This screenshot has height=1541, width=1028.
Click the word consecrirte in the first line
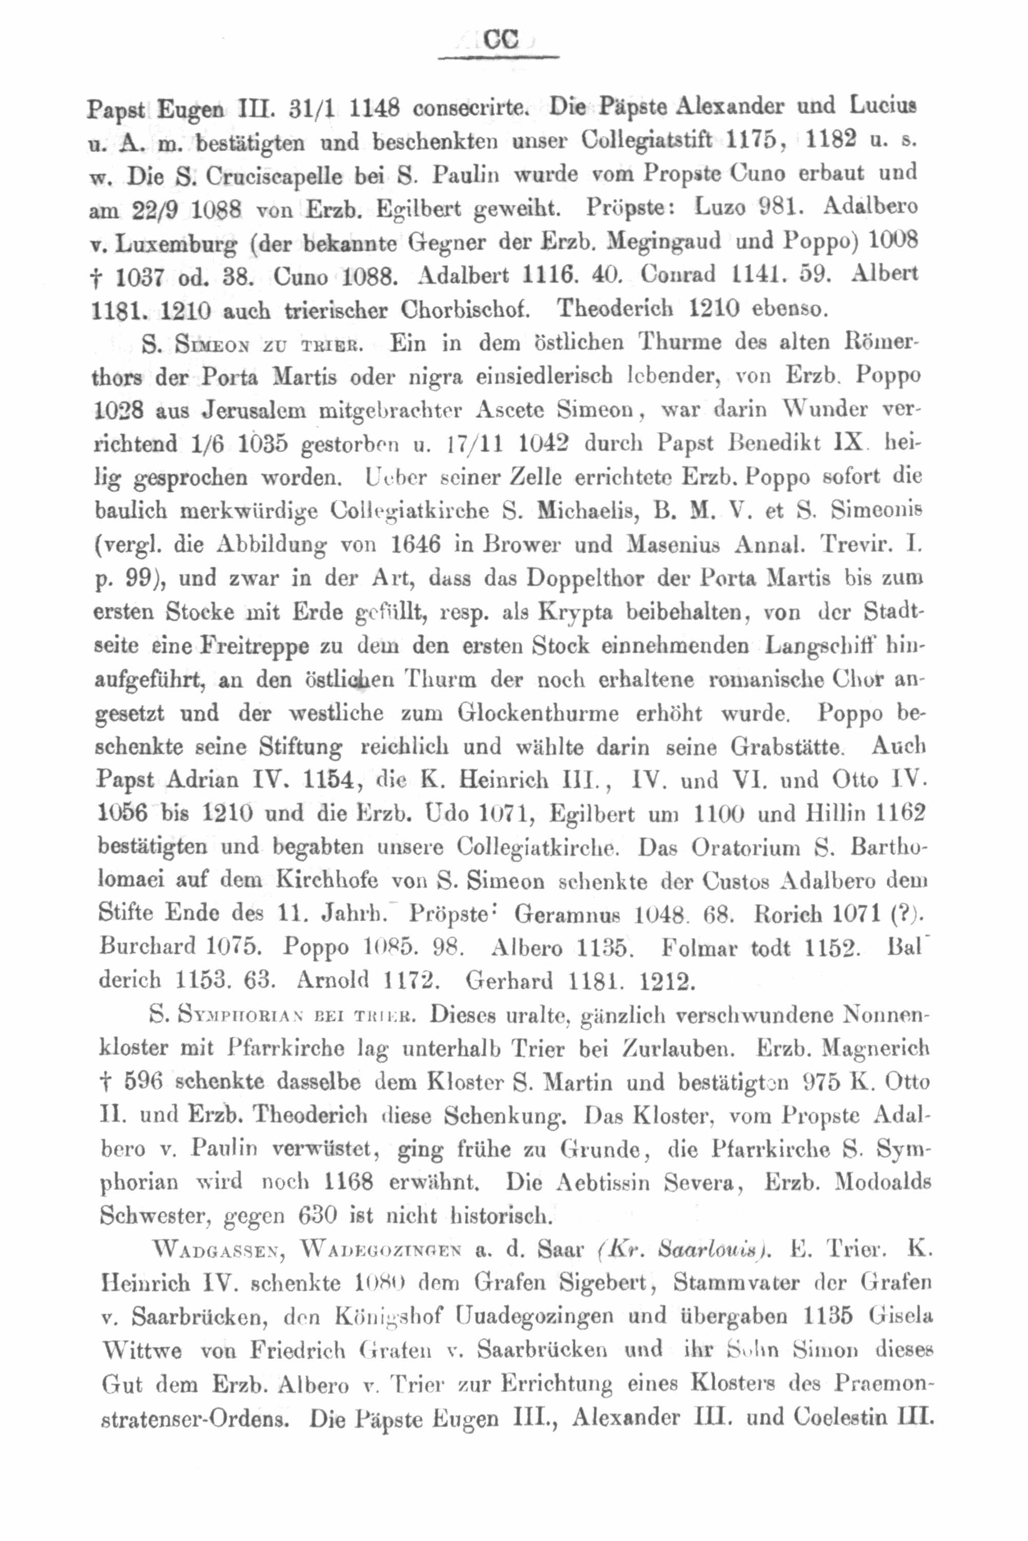[x=471, y=107]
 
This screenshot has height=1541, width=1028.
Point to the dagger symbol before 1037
[x=97, y=277]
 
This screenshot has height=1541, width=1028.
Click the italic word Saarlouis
[x=716, y=1250]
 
